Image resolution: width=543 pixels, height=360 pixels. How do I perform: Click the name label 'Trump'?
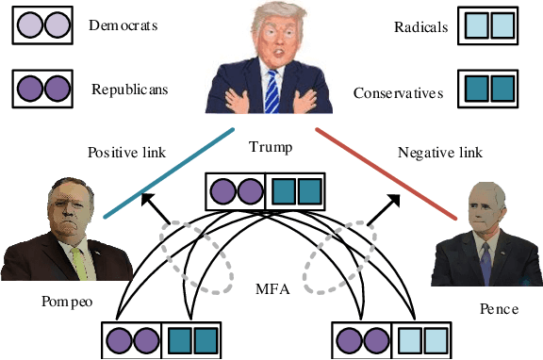click(270, 148)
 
